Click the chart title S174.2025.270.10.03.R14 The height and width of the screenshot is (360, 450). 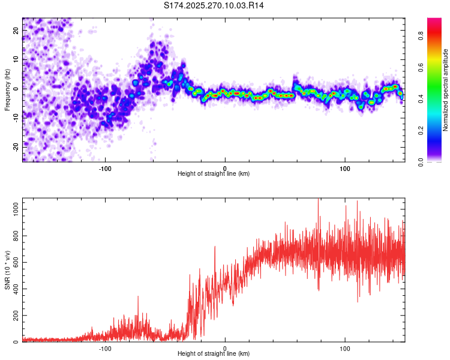(214, 5)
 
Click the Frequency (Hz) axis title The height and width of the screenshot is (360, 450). (8, 90)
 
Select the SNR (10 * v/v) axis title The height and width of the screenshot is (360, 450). (8, 269)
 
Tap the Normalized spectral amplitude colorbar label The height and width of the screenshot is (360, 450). (446, 90)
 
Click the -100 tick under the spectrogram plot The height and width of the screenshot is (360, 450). (106, 167)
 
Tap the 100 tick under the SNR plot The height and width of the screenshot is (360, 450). (345, 348)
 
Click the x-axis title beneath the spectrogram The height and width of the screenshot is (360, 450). (214, 174)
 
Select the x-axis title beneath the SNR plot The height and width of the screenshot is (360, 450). (214, 354)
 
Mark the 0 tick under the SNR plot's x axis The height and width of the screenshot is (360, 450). (225, 348)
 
